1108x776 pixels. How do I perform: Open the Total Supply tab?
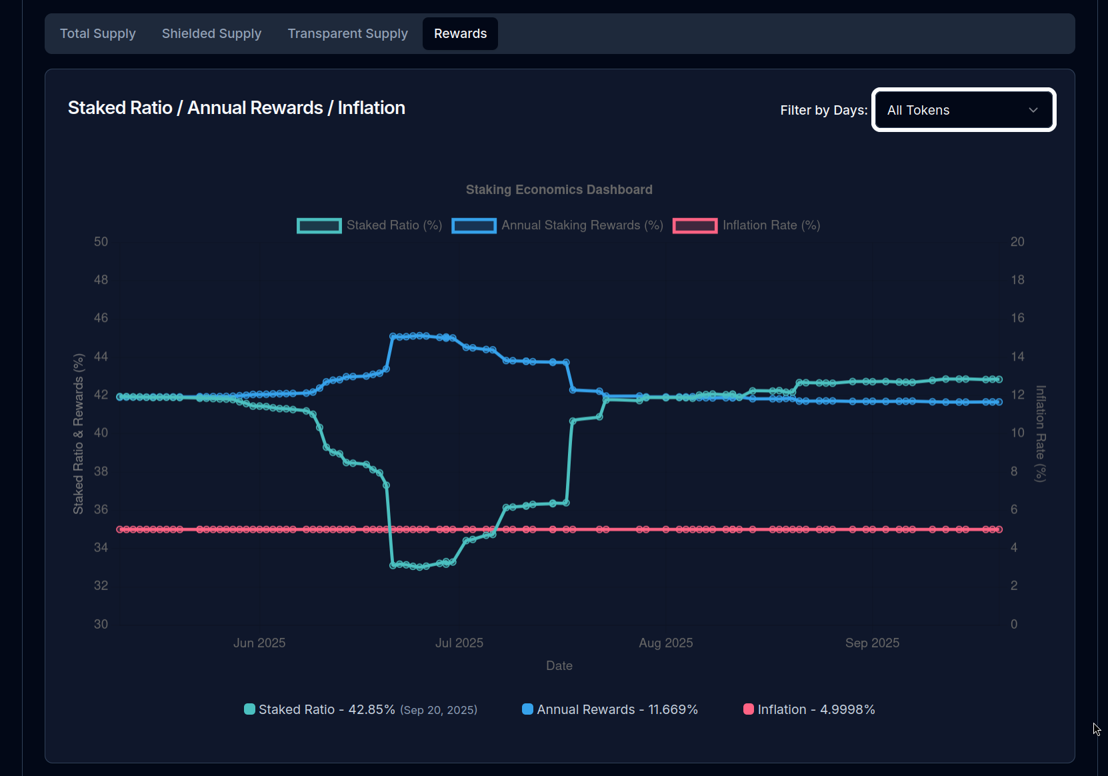(x=98, y=33)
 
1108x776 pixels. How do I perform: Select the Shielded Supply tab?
(x=211, y=33)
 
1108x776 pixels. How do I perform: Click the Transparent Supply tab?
(x=347, y=33)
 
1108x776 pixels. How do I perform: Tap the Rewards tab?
(x=460, y=33)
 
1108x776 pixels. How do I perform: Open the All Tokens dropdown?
(x=963, y=110)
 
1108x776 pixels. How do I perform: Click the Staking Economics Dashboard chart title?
(x=559, y=189)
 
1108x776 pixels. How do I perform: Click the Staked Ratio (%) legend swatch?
(x=319, y=225)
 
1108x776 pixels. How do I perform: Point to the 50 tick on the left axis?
(x=101, y=241)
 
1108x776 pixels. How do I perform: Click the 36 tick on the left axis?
(x=101, y=509)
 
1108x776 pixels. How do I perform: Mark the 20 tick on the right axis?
(x=1017, y=241)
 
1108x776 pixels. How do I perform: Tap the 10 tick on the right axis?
(x=1017, y=433)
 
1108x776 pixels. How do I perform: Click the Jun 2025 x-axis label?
(x=259, y=643)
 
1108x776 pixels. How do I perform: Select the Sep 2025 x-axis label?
(x=872, y=643)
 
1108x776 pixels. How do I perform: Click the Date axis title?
(x=559, y=665)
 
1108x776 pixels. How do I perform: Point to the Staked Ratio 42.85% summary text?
(x=327, y=709)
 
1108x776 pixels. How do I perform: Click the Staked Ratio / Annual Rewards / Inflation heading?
(x=237, y=108)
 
